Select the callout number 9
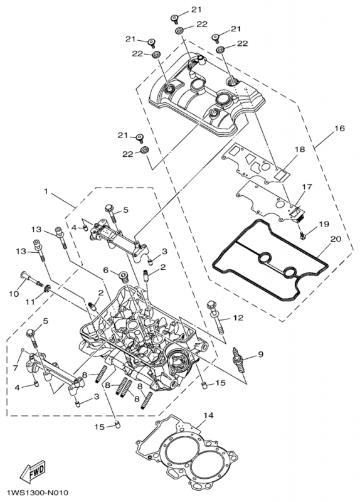[260, 354]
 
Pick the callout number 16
[339, 128]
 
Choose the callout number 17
[307, 187]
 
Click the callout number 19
[323, 224]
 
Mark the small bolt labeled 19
[302, 235]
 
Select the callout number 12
[238, 318]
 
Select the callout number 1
[45, 189]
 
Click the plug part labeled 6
[122, 275]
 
